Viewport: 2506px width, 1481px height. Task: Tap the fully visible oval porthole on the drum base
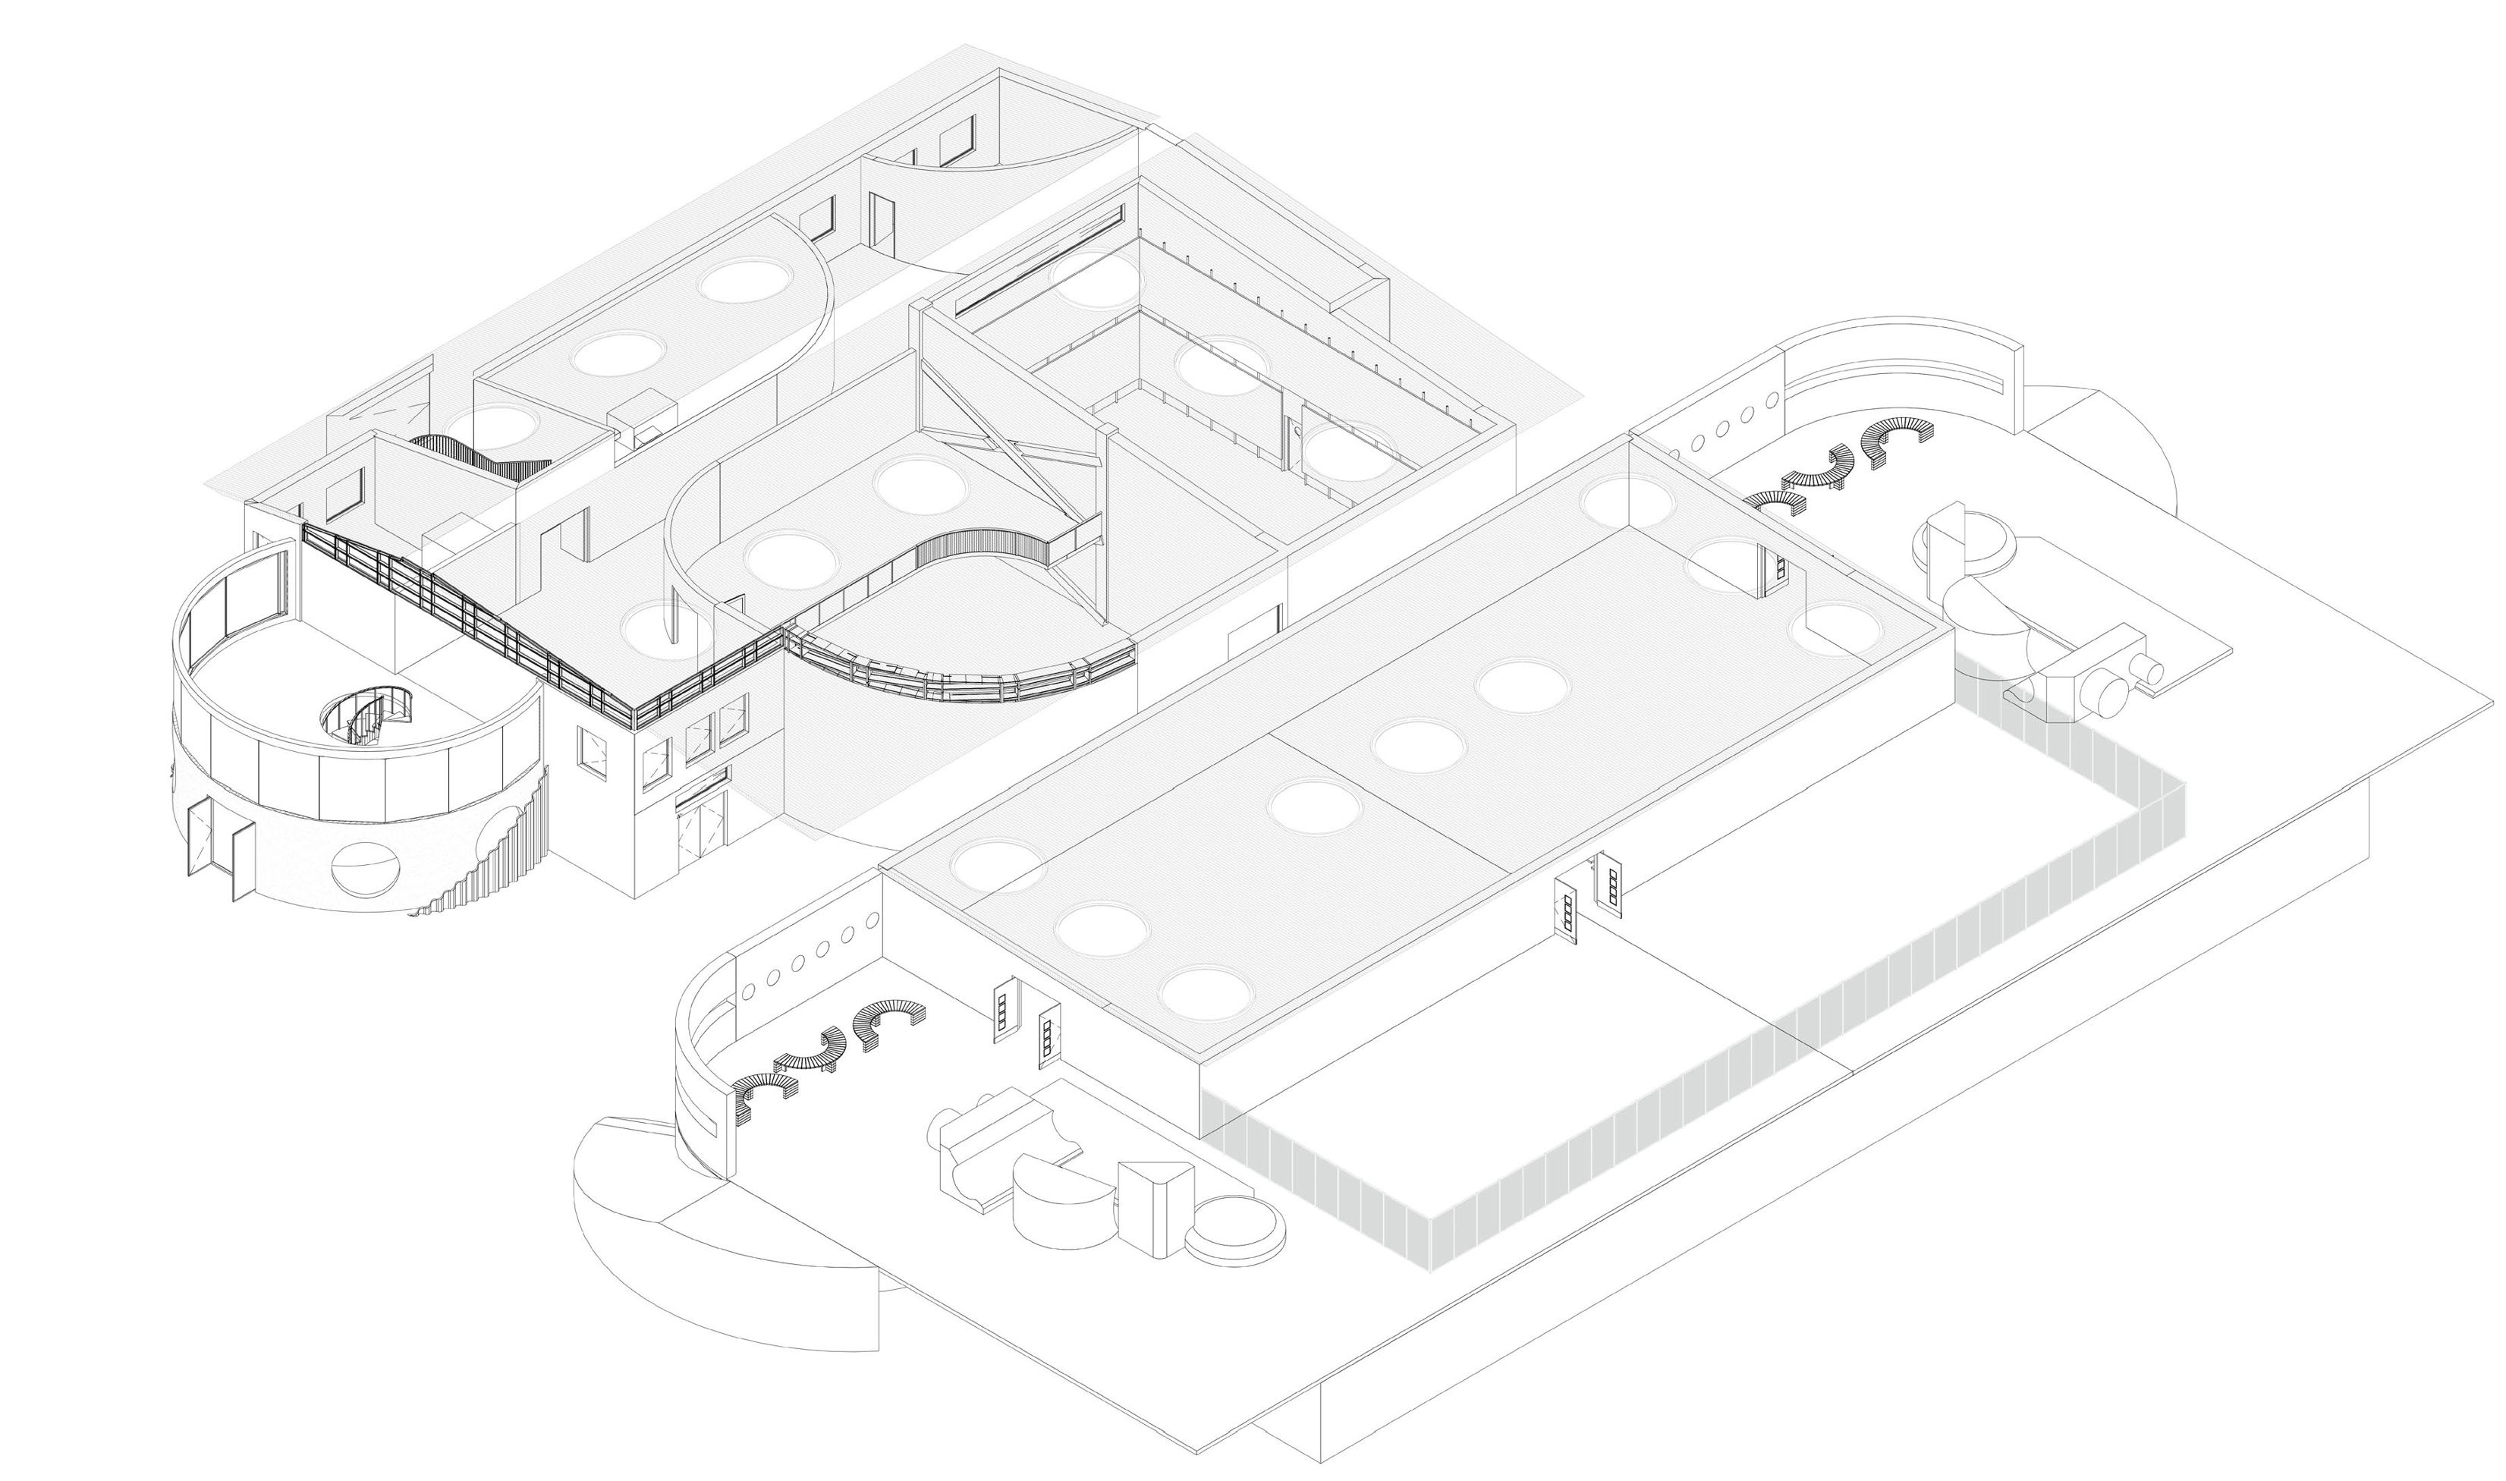364,866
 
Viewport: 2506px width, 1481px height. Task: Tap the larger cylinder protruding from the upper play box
2108,690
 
